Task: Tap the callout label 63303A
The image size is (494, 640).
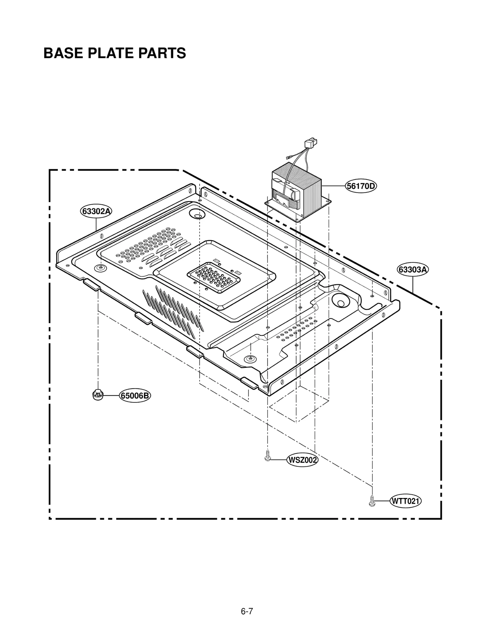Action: [412, 270]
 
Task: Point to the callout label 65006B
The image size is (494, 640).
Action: [135, 395]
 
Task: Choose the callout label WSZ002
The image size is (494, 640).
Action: [302, 460]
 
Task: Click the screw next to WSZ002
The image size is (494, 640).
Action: [268, 456]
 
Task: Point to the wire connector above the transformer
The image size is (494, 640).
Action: [310, 144]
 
